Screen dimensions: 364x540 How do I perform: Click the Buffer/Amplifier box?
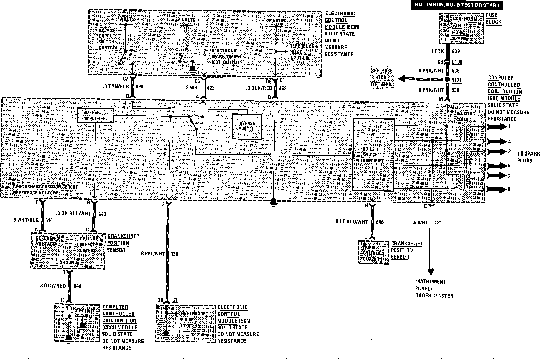pos(95,115)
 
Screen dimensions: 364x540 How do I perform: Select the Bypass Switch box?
pos(247,126)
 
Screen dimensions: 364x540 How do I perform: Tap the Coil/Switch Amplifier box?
pos(373,155)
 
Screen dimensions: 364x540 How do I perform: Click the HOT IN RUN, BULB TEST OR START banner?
pos(457,5)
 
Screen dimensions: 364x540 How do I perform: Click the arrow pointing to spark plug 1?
pos(497,126)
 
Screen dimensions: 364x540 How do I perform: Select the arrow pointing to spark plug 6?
pos(497,189)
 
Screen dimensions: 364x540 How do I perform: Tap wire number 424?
pos(139,86)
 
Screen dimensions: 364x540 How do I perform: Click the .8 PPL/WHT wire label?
pos(152,254)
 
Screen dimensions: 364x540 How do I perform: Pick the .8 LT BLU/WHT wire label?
pos(351,222)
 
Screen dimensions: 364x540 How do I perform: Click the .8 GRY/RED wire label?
pos(52,286)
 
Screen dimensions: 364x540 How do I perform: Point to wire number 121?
pos(438,222)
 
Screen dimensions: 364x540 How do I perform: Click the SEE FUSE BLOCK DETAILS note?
pos(382,77)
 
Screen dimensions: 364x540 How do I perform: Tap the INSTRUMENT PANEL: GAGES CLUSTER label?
pos(434,289)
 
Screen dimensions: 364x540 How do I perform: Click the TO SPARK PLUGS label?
pos(528,157)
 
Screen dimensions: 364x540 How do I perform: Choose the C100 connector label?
pos(457,62)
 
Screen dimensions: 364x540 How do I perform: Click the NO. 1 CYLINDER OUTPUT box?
pos(373,253)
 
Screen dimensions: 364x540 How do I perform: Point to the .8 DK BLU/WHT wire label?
pos(73,214)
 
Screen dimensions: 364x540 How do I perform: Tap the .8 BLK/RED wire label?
pos(259,88)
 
